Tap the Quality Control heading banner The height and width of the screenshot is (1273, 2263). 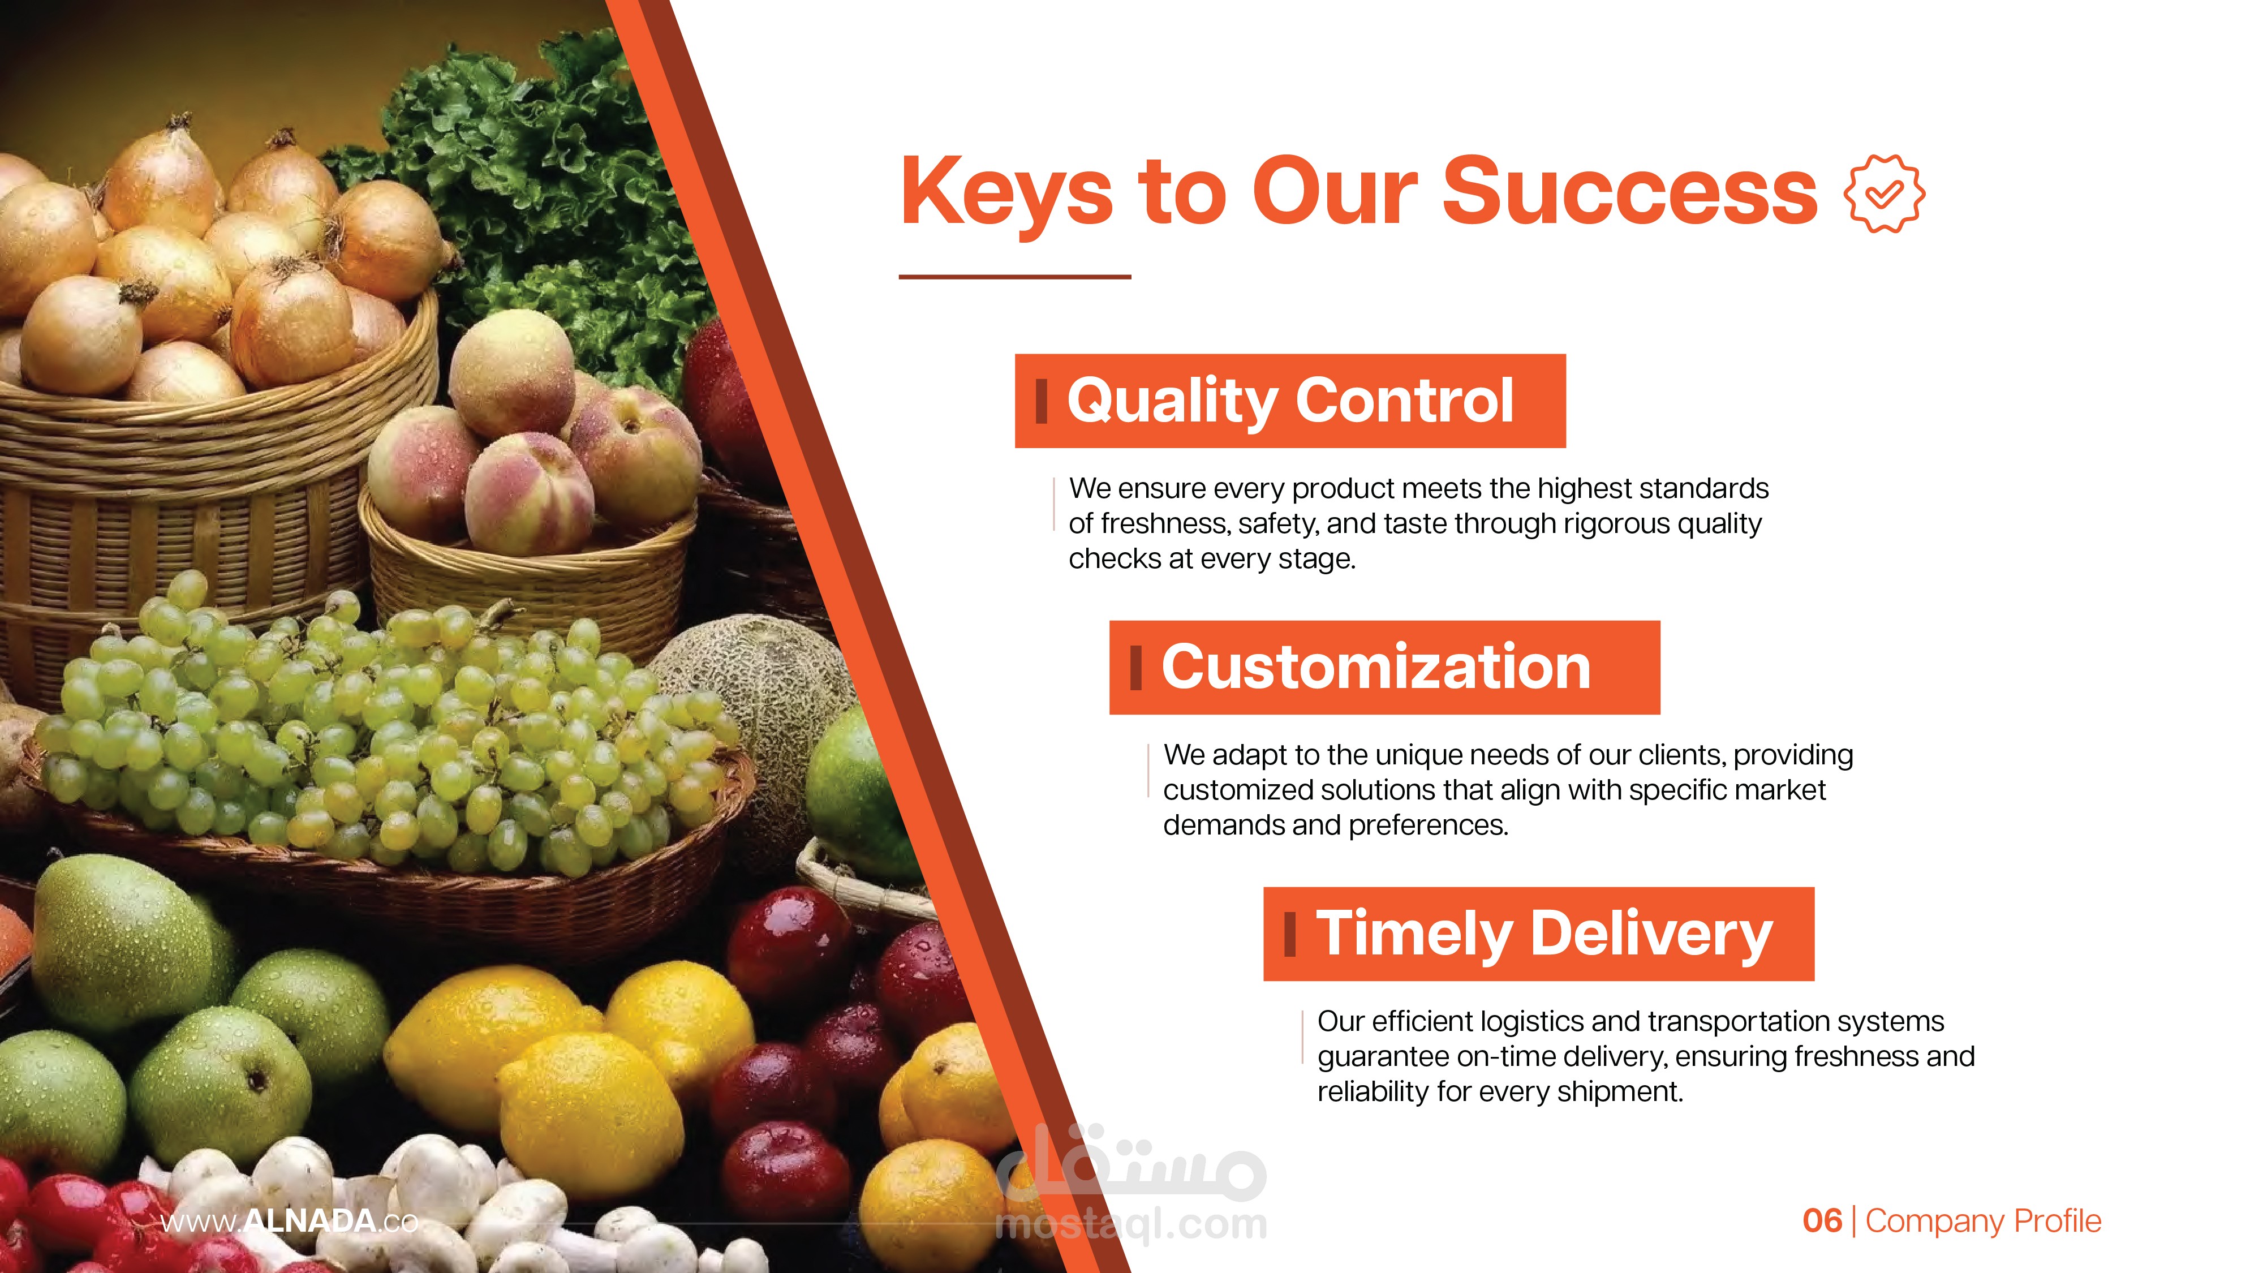tap(1290, 401)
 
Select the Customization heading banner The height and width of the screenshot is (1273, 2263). tap(1384, 667)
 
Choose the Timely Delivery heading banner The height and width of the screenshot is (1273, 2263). tap(1538, 934)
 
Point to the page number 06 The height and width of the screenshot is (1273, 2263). tap(1822, 1220)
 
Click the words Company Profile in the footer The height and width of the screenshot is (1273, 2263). tap(1984, 1221)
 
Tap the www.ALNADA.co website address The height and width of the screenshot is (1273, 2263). tap(289, 1221)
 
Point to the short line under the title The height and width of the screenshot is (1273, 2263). tap(1014, 277)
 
